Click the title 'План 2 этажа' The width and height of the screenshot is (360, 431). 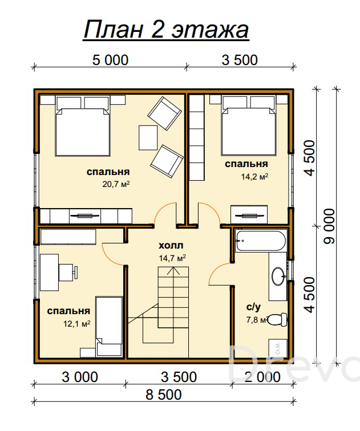pyautogui.click(x=166, y=30)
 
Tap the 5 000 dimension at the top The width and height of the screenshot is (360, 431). pyautogui.click(x=110, y=60)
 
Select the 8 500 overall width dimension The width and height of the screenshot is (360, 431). pyautogui.click(x=164, y=395)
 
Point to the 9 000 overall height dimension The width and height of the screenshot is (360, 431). pyautogui.click(x=329, y=226)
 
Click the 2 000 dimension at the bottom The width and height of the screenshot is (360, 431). pyautogui.click(x=262, y=377)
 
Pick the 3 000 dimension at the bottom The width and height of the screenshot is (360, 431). pyautogui.click(x=80, y=377)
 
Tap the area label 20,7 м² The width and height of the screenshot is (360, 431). pyautogui.click(x=116, y=184)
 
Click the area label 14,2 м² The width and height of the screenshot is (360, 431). pyautogui.click(x=254, y=177)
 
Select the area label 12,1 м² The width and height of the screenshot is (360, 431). pyautogui.click(x=77, y=323)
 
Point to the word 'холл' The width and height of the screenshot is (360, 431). pyautogui.click(x=171, y=246)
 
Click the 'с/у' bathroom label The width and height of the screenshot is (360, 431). pyautogui.click(x=253, y=307)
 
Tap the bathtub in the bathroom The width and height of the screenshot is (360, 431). pyautogui.click(x=261, y=241)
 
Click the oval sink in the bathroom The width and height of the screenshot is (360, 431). pyautogui.click(x=279, y=276)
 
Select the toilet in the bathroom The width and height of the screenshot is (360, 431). pyautogui.click(x=277, y=319)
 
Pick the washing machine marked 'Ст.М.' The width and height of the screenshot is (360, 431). pyautogui.click(x=278, y=348)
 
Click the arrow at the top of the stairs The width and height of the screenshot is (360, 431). pyautogui.click(x=173, y=271)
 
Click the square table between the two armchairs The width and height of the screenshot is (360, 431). pyautogui.click(x=148, y=138)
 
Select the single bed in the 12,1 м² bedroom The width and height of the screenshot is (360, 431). pyautogui.click(x=109, y=326)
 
